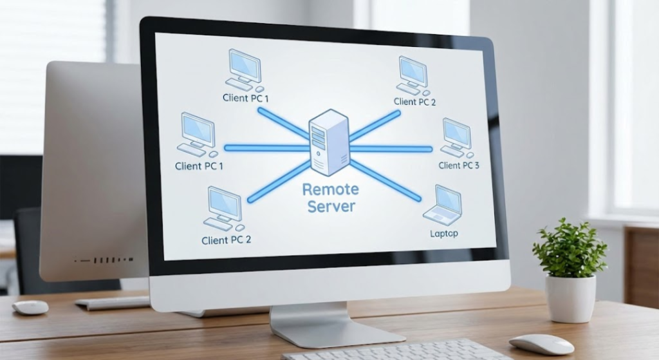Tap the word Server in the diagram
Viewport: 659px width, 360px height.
click(331, 207)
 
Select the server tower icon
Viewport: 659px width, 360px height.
click(328, 143)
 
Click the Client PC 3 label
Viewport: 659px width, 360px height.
click(459, 166)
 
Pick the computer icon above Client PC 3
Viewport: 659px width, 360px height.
click(456, 137)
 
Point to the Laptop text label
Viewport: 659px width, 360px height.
click(443, 233)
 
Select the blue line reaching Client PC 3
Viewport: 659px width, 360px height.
click(393, 149)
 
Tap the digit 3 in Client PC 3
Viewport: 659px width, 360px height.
click(476, 166)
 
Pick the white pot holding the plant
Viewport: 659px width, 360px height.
click(570, 298)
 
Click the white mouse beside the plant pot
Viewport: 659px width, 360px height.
click(541, 344)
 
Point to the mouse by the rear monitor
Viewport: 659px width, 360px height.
click(30, 307)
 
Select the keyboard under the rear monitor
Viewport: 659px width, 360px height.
click(113, 302)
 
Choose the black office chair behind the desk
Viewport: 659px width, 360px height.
click(26, 245)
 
